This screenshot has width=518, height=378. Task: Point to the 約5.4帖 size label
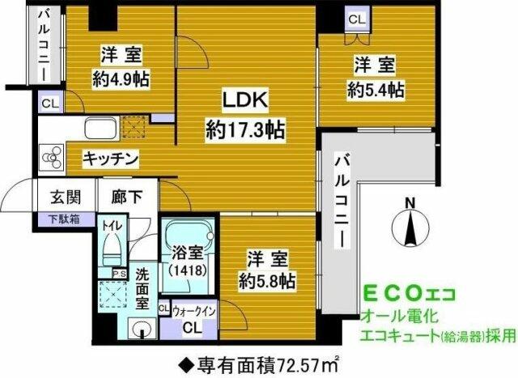(376, 89)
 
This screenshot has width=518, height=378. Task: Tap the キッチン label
(113, 158)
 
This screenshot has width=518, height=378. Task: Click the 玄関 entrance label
(66, 197)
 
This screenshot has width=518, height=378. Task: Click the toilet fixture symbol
(111, 246)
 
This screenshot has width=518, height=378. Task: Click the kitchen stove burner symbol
(52, 155)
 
